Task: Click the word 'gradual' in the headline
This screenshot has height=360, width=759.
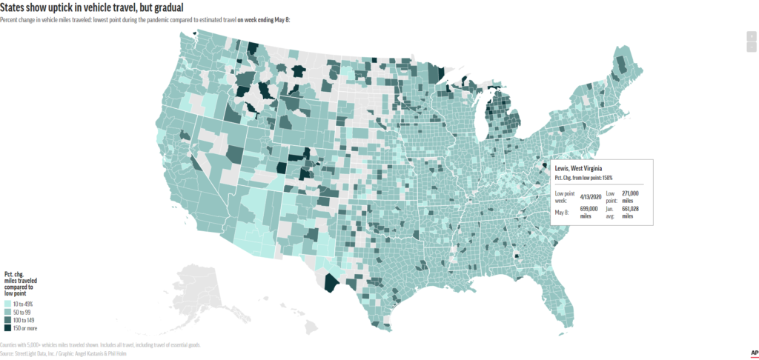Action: (x=161, y=7)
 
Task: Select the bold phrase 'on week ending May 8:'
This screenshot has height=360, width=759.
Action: (x=265, y=19)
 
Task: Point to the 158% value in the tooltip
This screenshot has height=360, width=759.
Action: (x=606, y=178)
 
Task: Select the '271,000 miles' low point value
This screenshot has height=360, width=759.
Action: (x=630, y=196)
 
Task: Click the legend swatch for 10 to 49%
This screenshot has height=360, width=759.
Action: (x=7, y=304)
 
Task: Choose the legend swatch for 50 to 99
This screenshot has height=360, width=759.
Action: (x=7, y=313)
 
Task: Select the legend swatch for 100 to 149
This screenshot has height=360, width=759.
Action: (x=7, y=320)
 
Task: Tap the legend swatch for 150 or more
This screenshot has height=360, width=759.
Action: (x=7, y=327)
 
